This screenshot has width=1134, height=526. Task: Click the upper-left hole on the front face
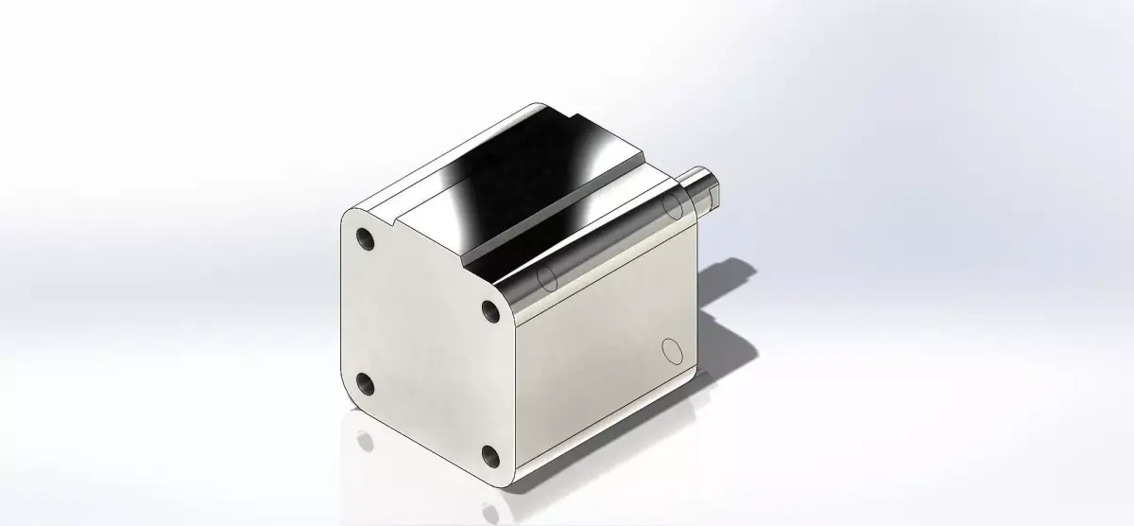coord(365,239)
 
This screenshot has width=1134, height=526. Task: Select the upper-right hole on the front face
coord(490,311)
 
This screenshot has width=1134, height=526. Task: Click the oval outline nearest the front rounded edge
coord(545,277)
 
